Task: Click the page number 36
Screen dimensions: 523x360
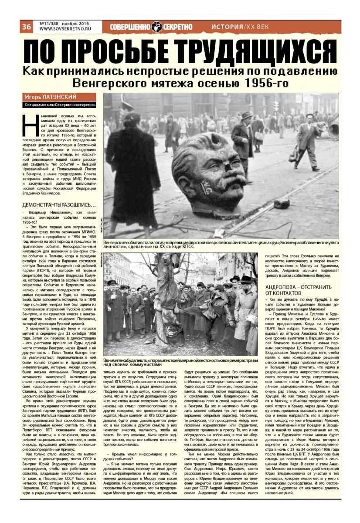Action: coord(27,27)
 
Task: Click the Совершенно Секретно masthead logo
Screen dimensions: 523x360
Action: coord(151,27)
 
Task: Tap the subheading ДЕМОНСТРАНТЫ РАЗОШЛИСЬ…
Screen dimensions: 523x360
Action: coord(59,204)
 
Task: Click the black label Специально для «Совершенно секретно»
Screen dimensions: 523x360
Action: coord(59,105)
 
